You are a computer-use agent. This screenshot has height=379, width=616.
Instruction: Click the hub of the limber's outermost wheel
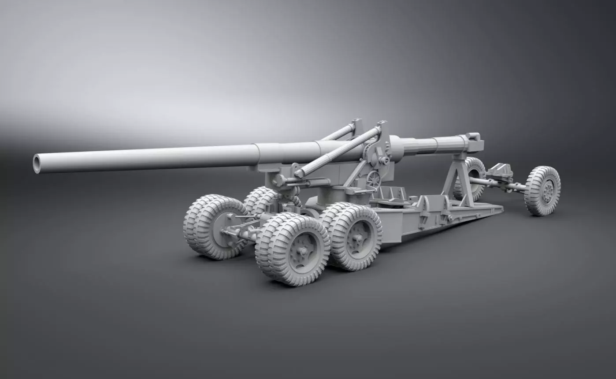(x=546, y=191)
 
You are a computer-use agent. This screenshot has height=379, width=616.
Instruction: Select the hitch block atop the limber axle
(x=502, y=170)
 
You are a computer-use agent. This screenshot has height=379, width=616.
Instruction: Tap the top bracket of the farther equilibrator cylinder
(x=356, y=123)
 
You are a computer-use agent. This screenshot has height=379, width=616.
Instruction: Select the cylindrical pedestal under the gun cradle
(x=335, y=194)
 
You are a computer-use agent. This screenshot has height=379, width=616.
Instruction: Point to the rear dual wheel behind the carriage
(x=260, y=198)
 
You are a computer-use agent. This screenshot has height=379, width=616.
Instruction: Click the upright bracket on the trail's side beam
(x=426, y=209)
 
